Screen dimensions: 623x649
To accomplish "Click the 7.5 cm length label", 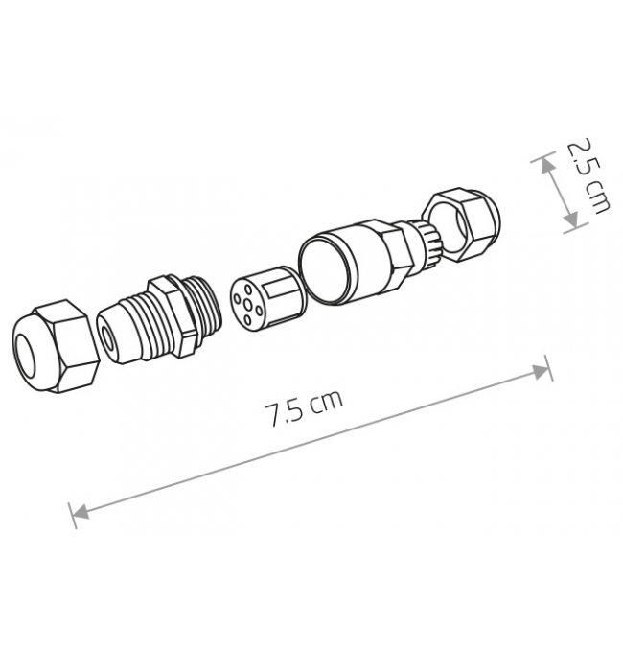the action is pos(304,407).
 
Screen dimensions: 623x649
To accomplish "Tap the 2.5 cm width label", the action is pos(588,176).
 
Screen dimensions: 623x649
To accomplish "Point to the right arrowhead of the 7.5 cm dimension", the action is pos(540,372).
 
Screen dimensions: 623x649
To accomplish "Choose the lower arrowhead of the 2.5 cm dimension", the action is pos(571,220).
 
